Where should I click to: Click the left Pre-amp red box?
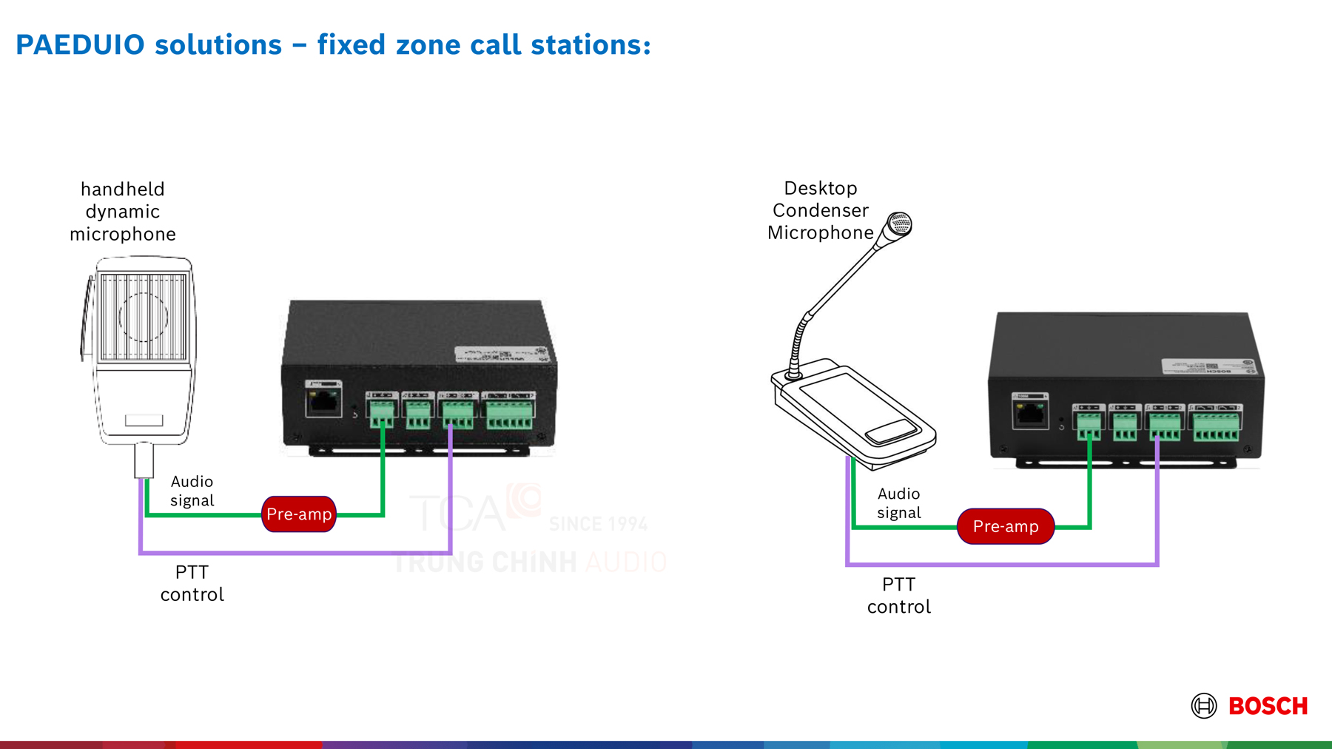point(299,514)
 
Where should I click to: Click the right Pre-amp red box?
point(1006,526)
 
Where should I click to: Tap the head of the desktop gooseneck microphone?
point(899,224)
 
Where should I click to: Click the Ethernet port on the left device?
point(323,401)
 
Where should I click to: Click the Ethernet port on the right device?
point(1030,413)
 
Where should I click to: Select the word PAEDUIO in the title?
point(80,45)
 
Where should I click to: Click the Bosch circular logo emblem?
point(1204,705)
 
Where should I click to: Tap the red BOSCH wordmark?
point(1268,706)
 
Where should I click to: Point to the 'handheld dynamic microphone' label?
point(123,212)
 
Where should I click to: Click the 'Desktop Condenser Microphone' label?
point(820,211)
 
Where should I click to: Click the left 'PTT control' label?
point(192,583)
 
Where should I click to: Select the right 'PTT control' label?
point(898,596)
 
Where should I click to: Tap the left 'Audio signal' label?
point(192,491)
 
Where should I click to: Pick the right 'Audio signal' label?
point(898,503)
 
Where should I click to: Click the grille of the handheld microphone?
point(143,317)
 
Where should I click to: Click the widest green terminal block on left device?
point(509,412)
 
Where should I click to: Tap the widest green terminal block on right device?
point(1216,424)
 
